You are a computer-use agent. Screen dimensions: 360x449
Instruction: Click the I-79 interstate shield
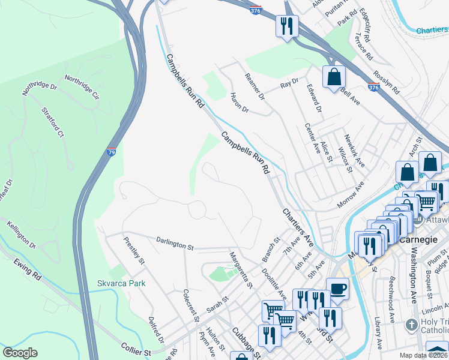pyautogui.click(x=112, y=152)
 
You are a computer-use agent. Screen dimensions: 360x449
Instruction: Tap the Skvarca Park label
pyautogui.click(x=121, y=283)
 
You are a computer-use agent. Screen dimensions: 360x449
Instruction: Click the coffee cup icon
pyautogui.click(x=337, y=289)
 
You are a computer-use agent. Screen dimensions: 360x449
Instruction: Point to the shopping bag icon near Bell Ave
pyautogui.click(x=333, y=77)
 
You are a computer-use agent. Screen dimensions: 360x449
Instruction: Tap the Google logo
pyautogui.click(x=20, y=353)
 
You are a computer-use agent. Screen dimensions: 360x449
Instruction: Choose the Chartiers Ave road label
pyautogui.click(x=298, y=227)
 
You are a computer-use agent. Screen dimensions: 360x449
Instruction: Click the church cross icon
pyautogui.click(x=411, y=325)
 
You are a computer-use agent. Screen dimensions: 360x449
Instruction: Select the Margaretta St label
pyautogui.click(x=240, y=268)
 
